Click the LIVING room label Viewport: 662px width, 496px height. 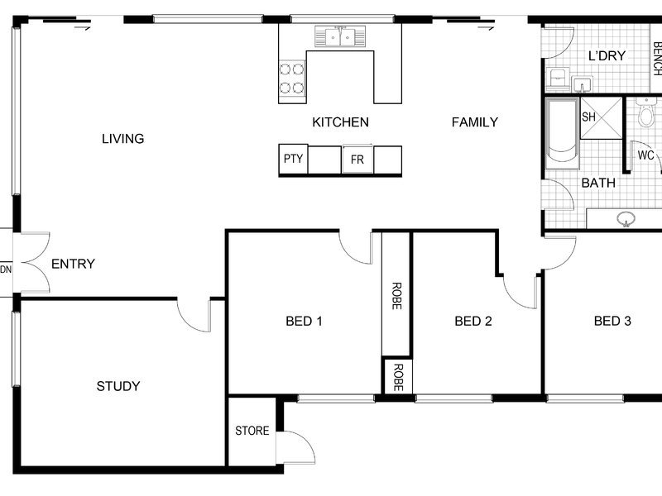point(122,139)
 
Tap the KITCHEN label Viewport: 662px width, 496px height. point(340,122)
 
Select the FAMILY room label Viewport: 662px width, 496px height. point(474,122)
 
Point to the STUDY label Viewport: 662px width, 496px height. point(118,386)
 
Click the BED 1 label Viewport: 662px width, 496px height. point(304,322)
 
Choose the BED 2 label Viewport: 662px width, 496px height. point(473,322)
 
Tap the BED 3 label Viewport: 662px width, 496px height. point(612,322)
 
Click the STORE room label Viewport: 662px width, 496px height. point(252,431)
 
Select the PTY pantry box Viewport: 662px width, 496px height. point(294,159)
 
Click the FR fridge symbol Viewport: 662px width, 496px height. point(357,160)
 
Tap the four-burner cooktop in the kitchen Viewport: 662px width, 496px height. point(292,78)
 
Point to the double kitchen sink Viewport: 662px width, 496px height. point(340,36)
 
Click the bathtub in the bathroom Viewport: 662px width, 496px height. point(562,133)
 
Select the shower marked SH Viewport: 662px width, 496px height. point(602,118)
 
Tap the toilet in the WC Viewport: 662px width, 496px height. point(646,112)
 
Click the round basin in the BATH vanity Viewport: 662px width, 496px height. point(626,219)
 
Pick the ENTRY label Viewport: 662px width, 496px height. point(73,264)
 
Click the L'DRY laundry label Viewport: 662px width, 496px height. point(607,55)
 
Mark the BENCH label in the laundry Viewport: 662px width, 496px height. point(657,58)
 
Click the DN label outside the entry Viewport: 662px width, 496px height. point(6,269)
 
